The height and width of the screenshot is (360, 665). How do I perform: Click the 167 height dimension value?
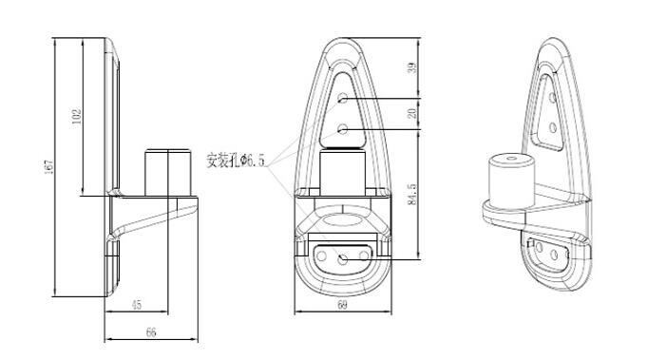pos(49,166)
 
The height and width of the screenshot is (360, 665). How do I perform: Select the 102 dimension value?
pos(77,117)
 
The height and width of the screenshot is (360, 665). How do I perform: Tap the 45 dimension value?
pos(137,305)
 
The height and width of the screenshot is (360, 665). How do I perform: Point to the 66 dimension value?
pos(151,332)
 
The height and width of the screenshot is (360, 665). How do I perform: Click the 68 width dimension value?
pos(342,305)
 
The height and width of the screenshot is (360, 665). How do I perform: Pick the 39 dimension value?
pos(412,67)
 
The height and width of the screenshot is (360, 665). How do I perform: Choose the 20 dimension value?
pos(412,113)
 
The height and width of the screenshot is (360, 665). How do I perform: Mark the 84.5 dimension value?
pos(412,194)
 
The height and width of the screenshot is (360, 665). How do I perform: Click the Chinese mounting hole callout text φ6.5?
pos(236,161)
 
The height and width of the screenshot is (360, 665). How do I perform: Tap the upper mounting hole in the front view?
pos(343,99)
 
